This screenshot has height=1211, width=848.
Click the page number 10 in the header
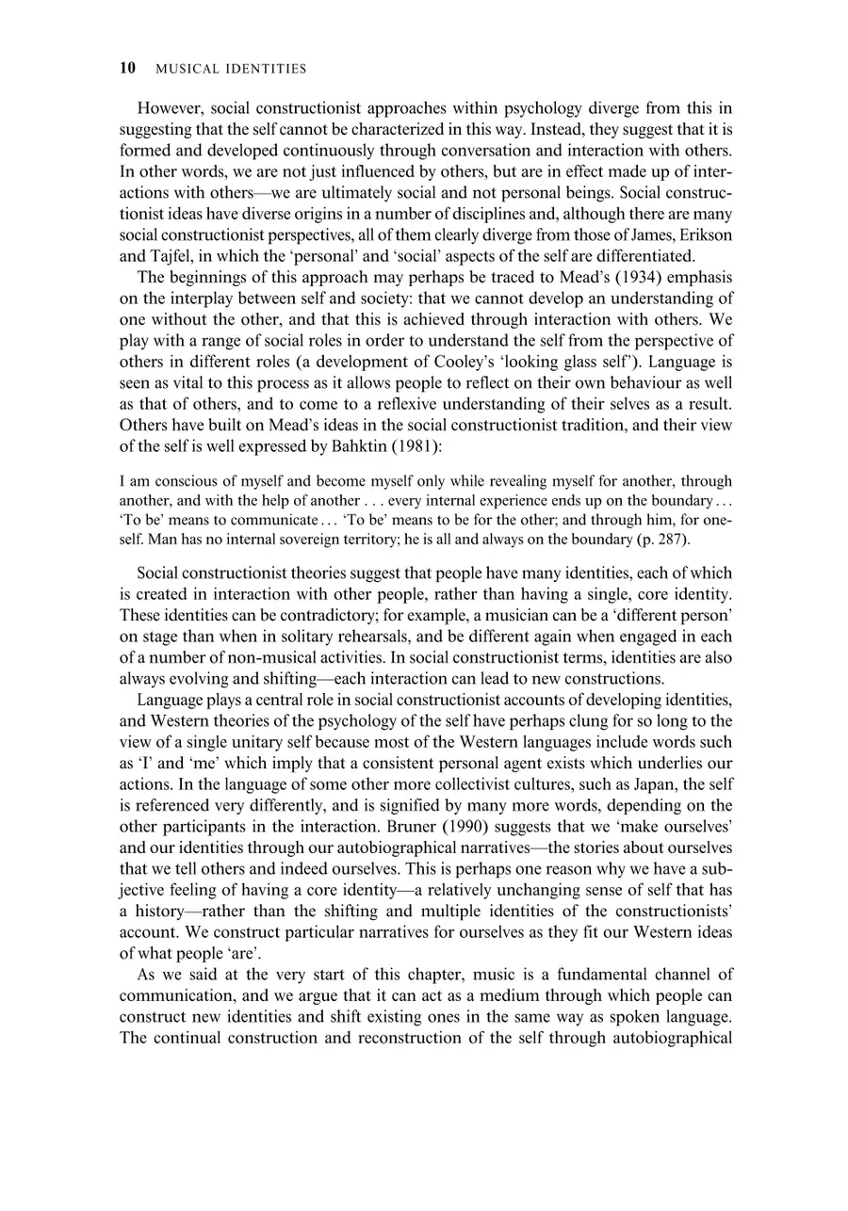point(128,68)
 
